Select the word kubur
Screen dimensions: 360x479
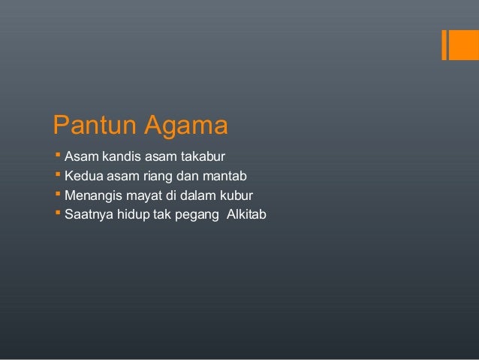pyautogui.click(x=235, y=196)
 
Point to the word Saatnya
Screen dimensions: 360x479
pyautogui.click(x=88, y=216)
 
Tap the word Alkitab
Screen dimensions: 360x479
pyautogui.click(x=246, y=216)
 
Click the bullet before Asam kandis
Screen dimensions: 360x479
pyautogui.click(x=59, y=157)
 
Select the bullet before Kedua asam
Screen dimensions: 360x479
pyautogui.click(x=59, y=177)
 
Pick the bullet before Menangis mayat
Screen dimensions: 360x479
pyautogui.click(x=59, y=196)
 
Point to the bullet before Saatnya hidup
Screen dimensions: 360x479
pyautogui.click(x=59, y=216)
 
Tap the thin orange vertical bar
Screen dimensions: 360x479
pyautogui.click(x=444, y=44)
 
